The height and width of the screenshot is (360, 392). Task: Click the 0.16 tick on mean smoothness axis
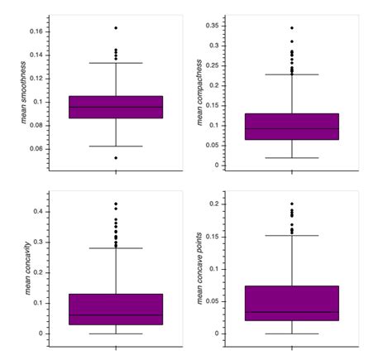[37, 31]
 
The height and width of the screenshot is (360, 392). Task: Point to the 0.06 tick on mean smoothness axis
[37, 149]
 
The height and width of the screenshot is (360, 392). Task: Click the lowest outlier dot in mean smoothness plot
[116, 157]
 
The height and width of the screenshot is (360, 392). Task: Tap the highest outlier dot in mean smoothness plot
[116, 28]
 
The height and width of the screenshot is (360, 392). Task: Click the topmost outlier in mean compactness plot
[292, 28]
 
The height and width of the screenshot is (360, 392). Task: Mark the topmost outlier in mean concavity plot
[116, 204]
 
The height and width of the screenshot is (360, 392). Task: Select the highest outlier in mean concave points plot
[292, 204]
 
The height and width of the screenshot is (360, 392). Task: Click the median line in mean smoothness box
[116, 107]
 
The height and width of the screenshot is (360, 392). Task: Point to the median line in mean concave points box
[292, 312]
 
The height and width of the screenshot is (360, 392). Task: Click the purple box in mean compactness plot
[292, 126]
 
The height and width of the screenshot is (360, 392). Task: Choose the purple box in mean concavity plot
[116, 309]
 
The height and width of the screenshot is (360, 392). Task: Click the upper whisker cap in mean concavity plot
[116, 248]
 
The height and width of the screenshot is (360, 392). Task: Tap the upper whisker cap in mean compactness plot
[292, 75]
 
